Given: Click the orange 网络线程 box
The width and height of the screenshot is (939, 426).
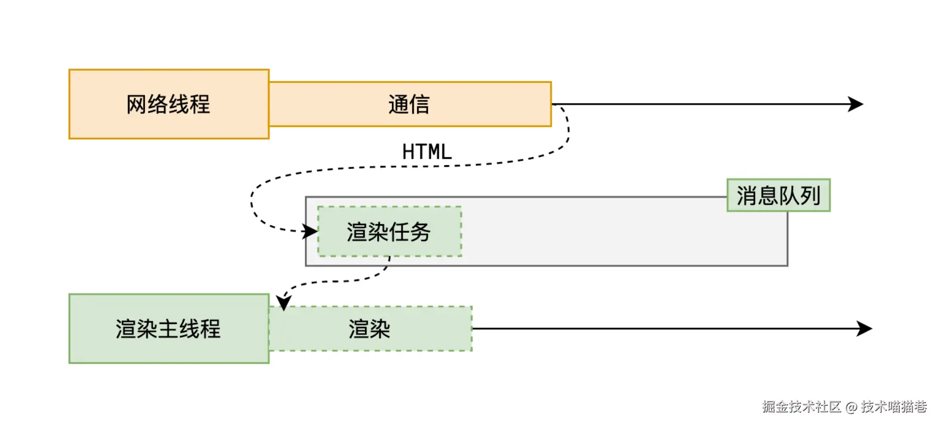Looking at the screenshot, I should click(169, 104).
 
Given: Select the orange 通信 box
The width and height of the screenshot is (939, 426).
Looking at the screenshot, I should click(409, 104).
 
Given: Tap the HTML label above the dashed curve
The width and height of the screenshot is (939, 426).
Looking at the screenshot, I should click(426, 152).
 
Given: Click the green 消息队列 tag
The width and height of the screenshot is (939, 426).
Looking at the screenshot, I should click(778, 195).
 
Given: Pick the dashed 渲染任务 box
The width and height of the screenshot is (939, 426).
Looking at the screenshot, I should click(389, 232).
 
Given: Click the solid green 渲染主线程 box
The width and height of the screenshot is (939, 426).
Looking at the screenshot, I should click(169, 329).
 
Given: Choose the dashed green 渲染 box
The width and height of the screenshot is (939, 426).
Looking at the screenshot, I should click(370, 329).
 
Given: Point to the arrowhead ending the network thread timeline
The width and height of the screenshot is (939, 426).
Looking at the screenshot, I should click(856, 104).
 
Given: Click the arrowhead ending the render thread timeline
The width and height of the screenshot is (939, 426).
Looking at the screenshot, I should click(865, 329).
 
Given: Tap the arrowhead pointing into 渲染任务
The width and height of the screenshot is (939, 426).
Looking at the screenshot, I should click(310, 232).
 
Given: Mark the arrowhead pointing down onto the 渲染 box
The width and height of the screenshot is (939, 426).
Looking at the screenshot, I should click(284, 303).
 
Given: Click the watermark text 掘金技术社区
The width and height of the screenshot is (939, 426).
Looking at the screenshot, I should click(801, 407).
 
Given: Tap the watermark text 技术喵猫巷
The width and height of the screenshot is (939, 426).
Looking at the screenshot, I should click(894, 407).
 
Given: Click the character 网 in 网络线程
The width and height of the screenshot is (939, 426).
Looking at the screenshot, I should click(136, 104).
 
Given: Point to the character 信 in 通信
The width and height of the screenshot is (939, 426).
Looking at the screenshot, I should click(420, 104).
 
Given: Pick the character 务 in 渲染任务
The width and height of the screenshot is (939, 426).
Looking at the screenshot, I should click(420, 232).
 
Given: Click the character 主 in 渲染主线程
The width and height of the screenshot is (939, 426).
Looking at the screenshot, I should click(168, 329).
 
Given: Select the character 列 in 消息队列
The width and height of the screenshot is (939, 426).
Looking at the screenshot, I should click(810, 195).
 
